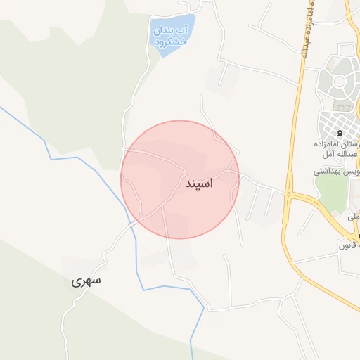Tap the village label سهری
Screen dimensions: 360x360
(86, 281)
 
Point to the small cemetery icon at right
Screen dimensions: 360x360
(339, 133)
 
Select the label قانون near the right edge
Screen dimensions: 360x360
(349, 245)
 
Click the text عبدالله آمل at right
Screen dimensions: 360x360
(345, 154)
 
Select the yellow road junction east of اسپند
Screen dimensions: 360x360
(288, 193)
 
